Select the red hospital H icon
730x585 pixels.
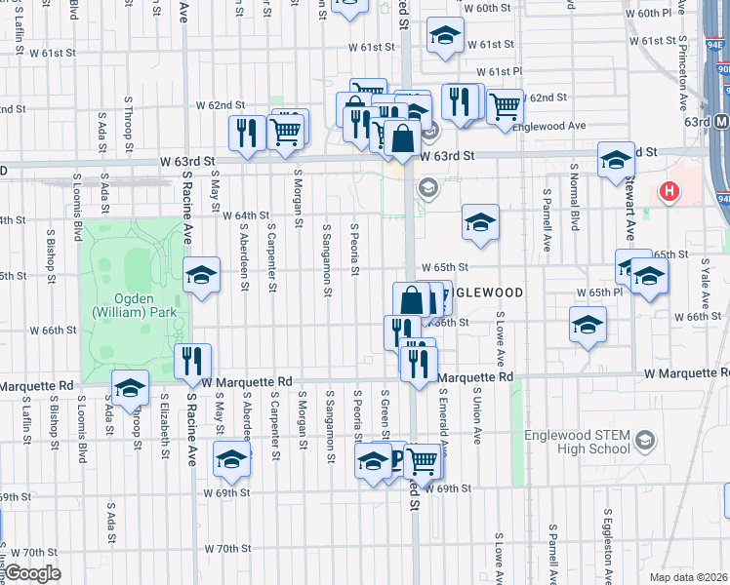click(670, 191)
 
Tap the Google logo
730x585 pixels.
click(31, 574)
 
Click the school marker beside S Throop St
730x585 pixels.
click(130, 387)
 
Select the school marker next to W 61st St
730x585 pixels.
click(445, 37)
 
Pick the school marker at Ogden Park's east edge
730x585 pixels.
click(201, 275)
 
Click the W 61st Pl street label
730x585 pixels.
click(500, 72)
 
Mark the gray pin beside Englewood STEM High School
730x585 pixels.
click(644, 442)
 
